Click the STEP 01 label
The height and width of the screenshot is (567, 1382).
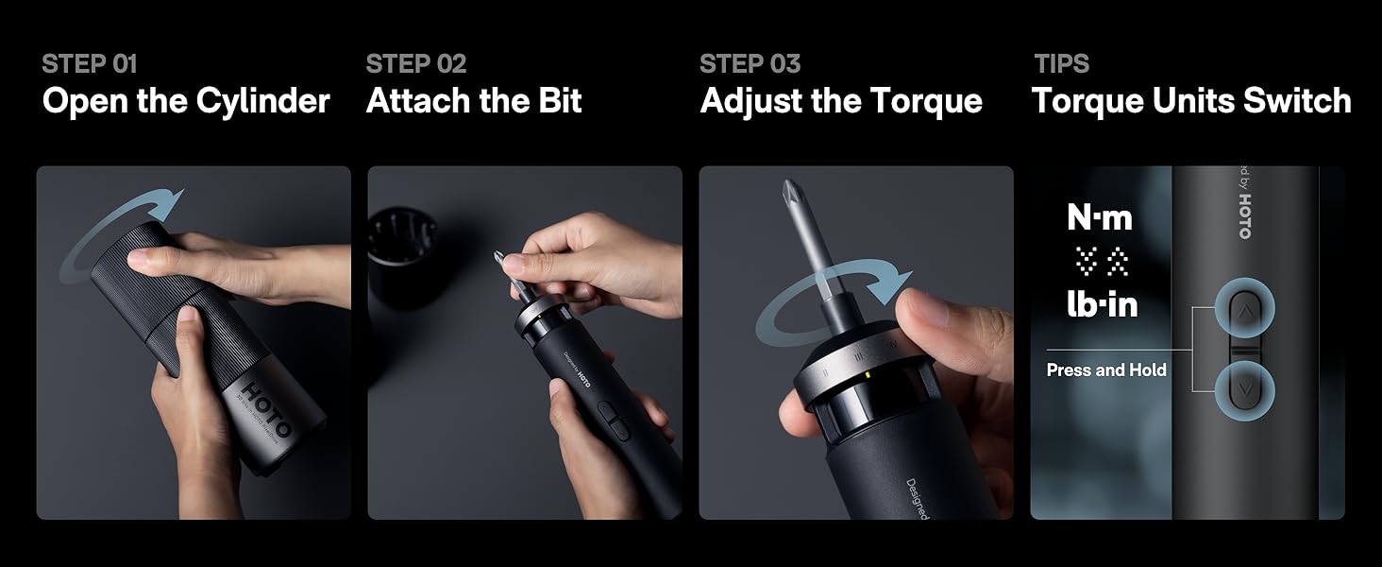point(89,64)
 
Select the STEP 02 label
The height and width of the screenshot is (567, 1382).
point(415,64)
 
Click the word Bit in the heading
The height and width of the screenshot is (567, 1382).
point(561,101)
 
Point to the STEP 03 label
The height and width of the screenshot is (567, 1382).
point(750,64)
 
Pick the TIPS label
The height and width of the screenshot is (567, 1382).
point(1061,64)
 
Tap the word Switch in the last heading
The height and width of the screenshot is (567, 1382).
point(1298,101)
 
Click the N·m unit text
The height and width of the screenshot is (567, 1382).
point(1100,218)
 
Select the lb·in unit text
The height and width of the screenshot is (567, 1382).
point(1102,304)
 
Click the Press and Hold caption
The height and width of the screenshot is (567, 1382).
point(1106,370)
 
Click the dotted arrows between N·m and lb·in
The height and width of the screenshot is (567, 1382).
point(1102,262)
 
